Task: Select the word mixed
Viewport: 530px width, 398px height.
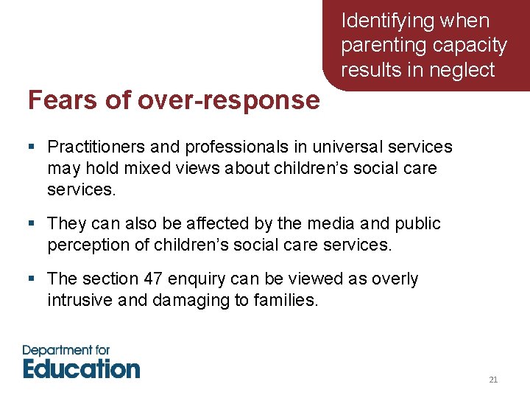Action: [142, 169]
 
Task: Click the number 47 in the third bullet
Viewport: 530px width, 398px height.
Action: [155, 279]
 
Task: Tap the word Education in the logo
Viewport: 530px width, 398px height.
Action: [81, 368]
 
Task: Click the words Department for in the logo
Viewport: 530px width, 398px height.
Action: [66, 349]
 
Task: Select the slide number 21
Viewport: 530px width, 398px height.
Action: [493, 380]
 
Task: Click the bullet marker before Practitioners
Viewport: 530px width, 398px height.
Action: [32, 147]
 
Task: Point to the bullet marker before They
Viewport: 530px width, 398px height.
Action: [32, 223]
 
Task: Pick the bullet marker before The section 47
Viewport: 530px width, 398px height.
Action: [32, 279]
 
